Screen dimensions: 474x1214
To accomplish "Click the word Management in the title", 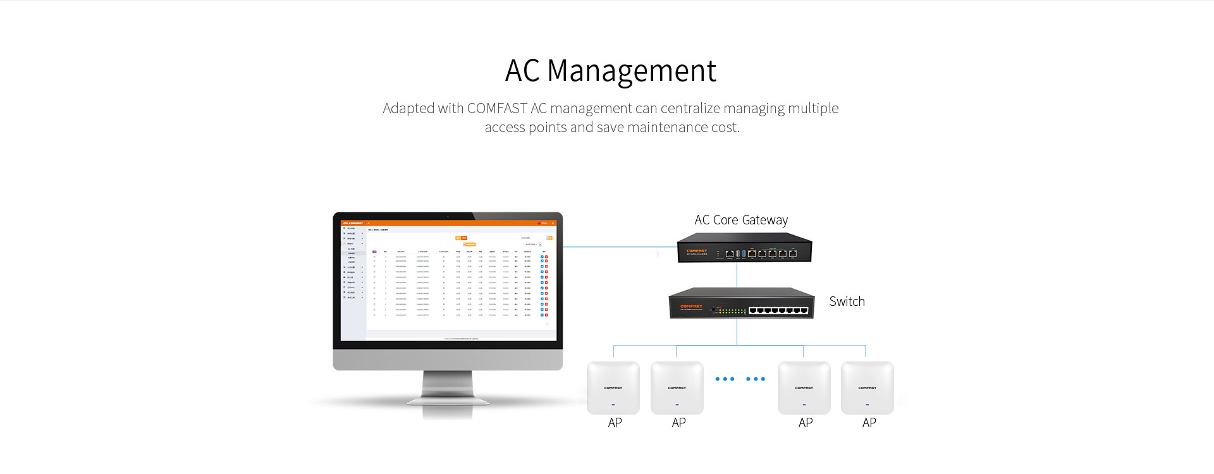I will (x=631, y=71).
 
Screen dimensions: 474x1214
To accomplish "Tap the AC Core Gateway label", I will (x=741, y=220).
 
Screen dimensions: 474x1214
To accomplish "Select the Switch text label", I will (x=847, y=301).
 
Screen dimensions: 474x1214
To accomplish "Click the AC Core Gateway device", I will (x=744, y=248).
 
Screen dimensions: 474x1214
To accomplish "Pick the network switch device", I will (x=742, y=303).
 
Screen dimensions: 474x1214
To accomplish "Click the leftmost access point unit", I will (x=613, y=387).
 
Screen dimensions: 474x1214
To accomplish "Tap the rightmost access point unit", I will (x=867, y=387).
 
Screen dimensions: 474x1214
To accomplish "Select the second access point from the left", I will (x=677, y=387).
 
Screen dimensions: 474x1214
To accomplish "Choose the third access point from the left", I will (x=804, y=387).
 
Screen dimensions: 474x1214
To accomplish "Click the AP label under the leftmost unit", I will (x=615, y=423).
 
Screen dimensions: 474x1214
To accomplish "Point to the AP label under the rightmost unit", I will (x=869, y=423).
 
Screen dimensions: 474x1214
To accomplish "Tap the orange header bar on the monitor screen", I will (x=448, y=223).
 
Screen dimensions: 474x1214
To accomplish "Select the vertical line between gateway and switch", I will (x=737, y=275).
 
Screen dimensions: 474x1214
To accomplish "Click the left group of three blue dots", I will (x=725, y=379).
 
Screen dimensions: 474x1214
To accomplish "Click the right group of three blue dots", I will (x=756, y=379).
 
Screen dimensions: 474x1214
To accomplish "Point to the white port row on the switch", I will (x=778, y=310).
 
